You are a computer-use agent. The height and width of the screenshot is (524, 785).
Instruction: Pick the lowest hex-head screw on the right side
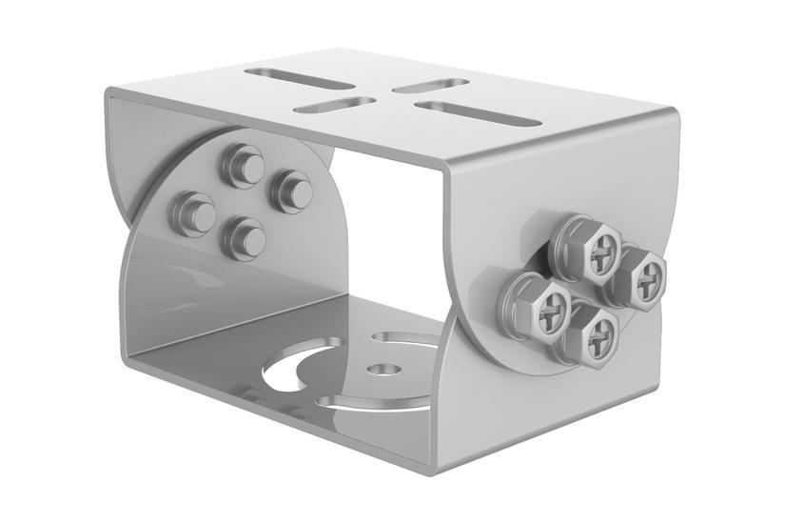pos(597,333)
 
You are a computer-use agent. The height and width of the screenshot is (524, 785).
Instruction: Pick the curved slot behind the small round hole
pos(404,337)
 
